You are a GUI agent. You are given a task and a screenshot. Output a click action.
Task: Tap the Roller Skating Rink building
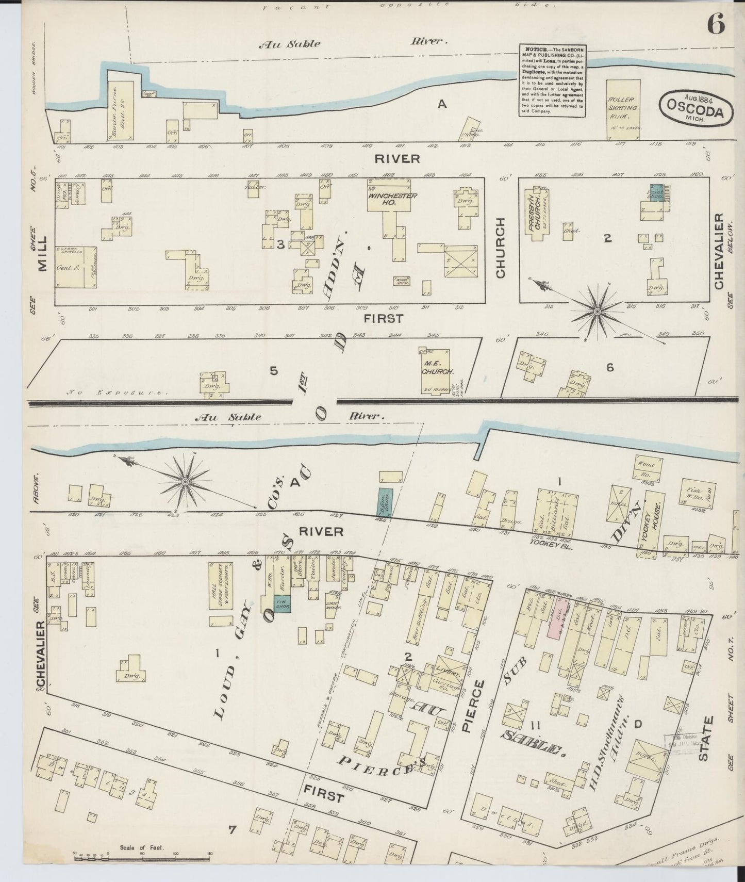(623, 109)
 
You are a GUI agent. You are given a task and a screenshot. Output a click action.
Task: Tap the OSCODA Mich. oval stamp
(697, 107)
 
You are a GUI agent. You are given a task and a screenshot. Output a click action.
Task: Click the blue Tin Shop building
(282, 604)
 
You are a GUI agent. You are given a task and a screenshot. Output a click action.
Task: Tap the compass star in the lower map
(184, 481)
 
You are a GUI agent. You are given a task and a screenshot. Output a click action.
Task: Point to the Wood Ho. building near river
(648, 468)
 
